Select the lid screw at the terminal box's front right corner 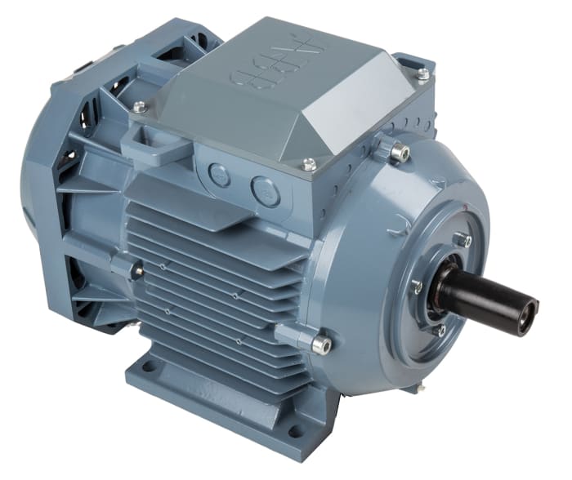309,164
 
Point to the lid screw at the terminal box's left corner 140,106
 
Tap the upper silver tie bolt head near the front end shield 398,152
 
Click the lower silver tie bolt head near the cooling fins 321,344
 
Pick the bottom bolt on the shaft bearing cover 440,330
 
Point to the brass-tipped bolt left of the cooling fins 138,269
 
